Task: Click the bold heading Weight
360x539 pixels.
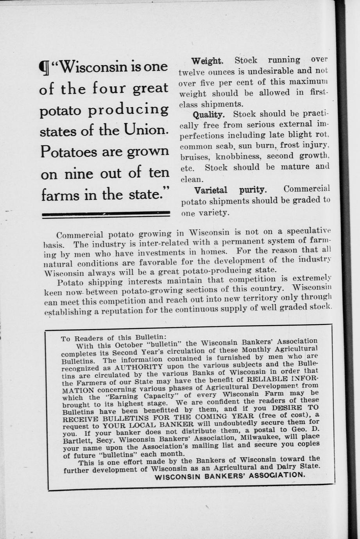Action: [x=207, y=61]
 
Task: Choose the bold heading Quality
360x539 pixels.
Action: [x=209, y=115]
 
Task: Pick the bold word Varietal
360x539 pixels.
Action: [x=211, y=190]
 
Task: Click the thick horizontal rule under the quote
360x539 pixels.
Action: [x=106, y=213]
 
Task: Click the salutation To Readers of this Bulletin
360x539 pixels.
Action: [x=114, y=337]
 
